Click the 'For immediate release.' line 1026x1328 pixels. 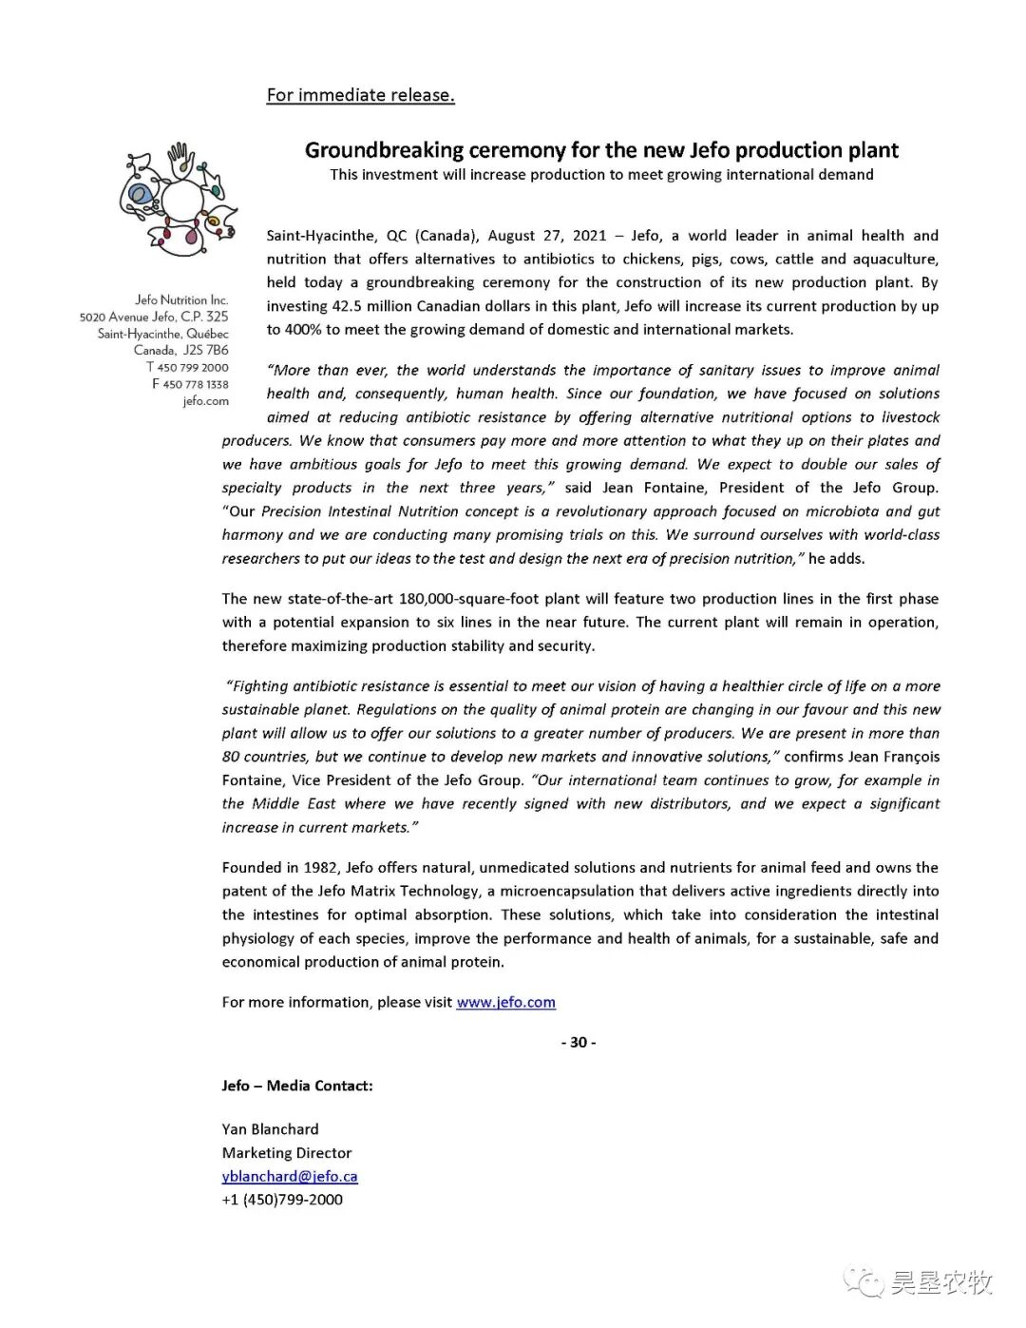(360, 95)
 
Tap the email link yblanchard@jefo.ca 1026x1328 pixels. (290, 1176)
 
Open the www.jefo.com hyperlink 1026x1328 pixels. (505, 1002)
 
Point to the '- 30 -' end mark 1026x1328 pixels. (579, 1042)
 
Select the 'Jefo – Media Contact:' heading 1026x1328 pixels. (297, 1086)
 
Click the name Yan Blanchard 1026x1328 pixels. (271, 1129)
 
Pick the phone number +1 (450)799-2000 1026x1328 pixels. (282, 1200)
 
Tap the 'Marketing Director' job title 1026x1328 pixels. (287, 1153)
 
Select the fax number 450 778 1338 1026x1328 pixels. (195, 384)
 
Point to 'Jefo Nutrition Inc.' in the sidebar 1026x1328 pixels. (181, 299)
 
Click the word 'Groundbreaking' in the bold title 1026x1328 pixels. (384, 150)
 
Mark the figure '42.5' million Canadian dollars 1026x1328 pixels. (351, 306)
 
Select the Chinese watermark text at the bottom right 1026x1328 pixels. (940, 1282)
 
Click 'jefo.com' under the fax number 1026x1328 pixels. (206, 401)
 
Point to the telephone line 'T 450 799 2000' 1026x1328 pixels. (187, 367)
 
